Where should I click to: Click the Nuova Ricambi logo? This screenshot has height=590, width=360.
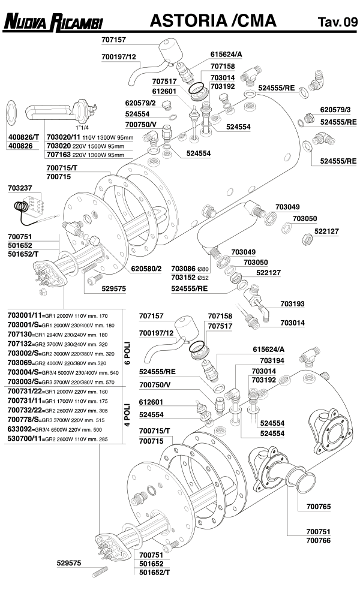[53, 22]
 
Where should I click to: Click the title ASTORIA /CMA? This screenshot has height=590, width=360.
[213, 21]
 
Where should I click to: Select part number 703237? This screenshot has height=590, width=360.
[20, 188]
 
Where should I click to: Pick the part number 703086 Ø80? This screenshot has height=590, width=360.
[190, 269]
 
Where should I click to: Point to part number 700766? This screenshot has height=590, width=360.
[318, 540]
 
